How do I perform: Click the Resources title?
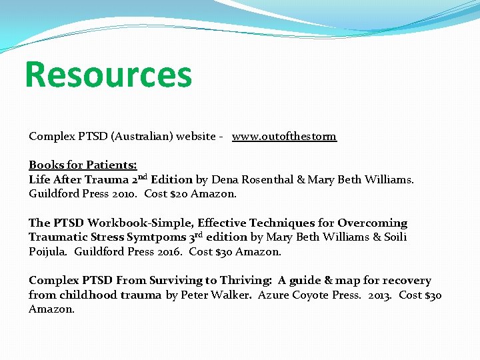coord(108,74)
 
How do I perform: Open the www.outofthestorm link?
coord(284,136)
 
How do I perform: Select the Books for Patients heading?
coord(83,165)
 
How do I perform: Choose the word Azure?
coord(273,295)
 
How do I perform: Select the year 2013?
coord(380,295)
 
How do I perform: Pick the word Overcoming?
coord(372,223)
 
